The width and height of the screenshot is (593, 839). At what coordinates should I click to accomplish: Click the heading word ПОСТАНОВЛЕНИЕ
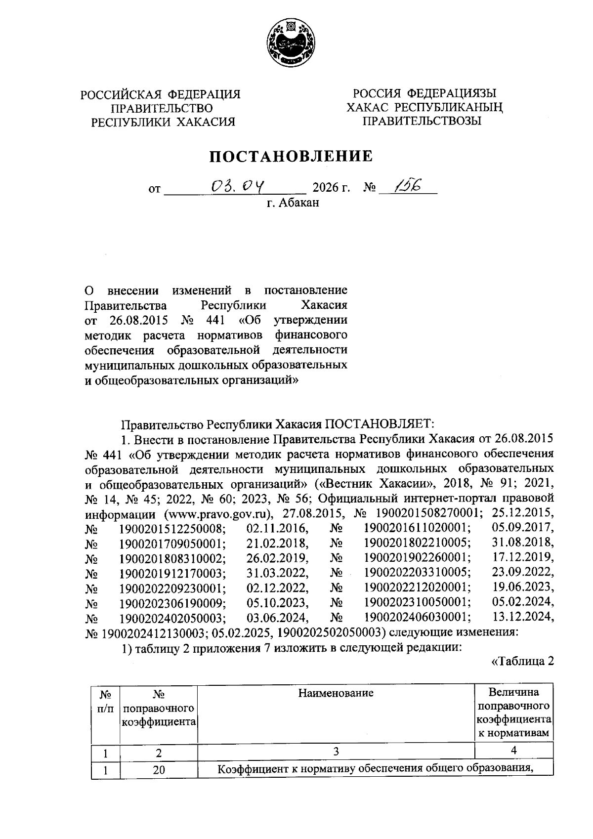(x=291, y=157)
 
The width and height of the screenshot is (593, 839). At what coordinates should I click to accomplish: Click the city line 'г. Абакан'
(x=293, y=203)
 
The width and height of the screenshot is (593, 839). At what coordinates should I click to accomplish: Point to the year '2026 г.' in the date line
(x=332, y=188)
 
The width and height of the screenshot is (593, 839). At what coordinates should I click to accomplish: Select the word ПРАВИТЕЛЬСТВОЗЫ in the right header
(x=422, y=121)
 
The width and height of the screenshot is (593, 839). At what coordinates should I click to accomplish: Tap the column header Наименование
(x=336, y=693)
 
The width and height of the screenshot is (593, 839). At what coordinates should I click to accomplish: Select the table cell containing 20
(x=159, y=769)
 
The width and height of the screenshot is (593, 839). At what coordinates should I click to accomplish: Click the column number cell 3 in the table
(x=336, y=752)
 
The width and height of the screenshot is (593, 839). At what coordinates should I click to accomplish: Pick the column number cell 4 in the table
(x=514, y=751)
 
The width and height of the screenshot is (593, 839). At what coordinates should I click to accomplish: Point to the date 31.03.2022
(x=277, y=573)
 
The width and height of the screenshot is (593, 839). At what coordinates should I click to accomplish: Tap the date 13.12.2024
(x=523, y=617)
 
